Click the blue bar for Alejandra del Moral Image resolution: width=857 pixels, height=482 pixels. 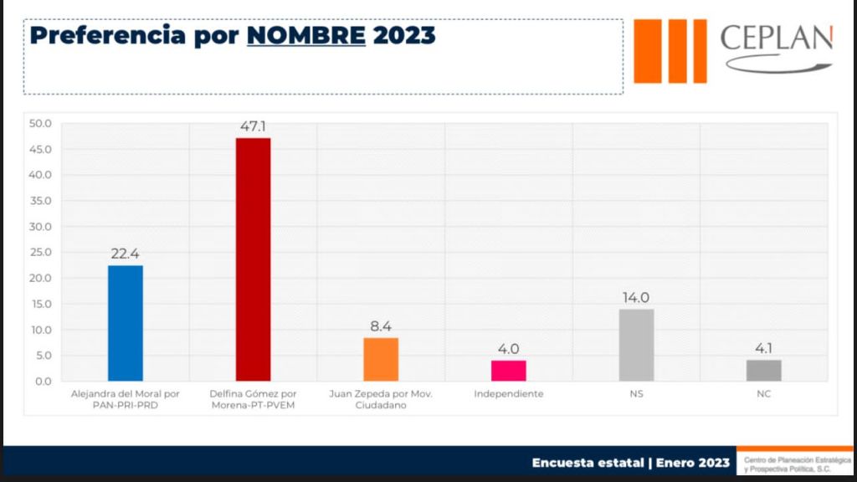(126, 323)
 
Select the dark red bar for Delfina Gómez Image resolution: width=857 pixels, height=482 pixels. (253, 259)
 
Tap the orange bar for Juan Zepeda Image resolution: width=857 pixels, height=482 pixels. (381, 359)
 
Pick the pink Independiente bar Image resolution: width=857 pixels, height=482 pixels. (508, 370)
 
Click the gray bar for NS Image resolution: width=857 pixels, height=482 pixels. (636, 345)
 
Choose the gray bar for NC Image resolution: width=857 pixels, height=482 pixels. (763, 370)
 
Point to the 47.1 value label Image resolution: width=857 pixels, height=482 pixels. (253, 126)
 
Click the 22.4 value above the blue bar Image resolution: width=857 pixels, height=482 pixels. (126, 254)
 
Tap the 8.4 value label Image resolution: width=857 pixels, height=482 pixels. (381, 326)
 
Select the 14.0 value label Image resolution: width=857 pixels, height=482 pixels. (636, 297)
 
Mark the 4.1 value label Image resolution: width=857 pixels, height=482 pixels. (763, 348)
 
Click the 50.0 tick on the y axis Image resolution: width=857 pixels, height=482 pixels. (40, 124)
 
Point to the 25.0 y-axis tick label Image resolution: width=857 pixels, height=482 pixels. (40, 253)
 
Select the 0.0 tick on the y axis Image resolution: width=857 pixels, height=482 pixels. (43, 382)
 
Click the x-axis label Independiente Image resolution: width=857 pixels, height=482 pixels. (508, 393)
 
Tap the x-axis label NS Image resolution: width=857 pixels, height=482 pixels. (636, 393)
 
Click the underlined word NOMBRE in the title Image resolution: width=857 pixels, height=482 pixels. (306, 36)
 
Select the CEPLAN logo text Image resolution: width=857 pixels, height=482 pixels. (776, 39)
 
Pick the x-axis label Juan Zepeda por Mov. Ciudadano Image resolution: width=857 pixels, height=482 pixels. (381, 399)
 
